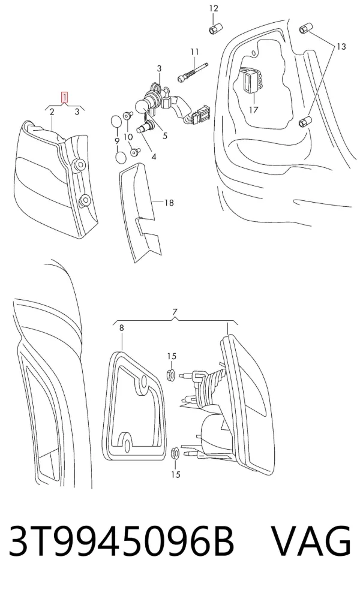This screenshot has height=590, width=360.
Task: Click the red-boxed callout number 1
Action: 65,97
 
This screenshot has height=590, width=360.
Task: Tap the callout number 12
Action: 214,8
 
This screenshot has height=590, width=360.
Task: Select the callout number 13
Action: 341,47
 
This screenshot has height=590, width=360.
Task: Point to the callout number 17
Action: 253,110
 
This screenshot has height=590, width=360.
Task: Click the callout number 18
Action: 169,203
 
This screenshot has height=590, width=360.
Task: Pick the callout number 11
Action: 194,52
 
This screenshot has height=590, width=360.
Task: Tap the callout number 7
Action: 175,312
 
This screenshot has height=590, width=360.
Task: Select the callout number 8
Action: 121,328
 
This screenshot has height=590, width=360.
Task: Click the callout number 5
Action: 164,136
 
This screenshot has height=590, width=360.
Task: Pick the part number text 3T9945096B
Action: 121,540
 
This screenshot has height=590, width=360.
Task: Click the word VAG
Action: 312,540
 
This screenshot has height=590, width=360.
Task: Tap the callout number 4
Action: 154,156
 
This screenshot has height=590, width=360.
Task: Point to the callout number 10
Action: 128,137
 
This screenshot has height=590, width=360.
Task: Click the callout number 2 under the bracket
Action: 52,112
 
